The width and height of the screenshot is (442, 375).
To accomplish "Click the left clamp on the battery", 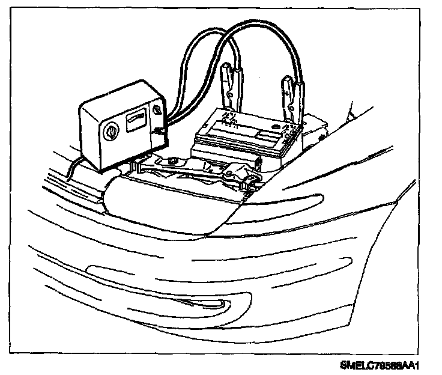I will coord(231,90).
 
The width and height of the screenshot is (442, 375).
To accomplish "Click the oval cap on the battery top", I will coord(277,127).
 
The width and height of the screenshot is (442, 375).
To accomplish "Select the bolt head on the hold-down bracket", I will coord(172,160).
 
